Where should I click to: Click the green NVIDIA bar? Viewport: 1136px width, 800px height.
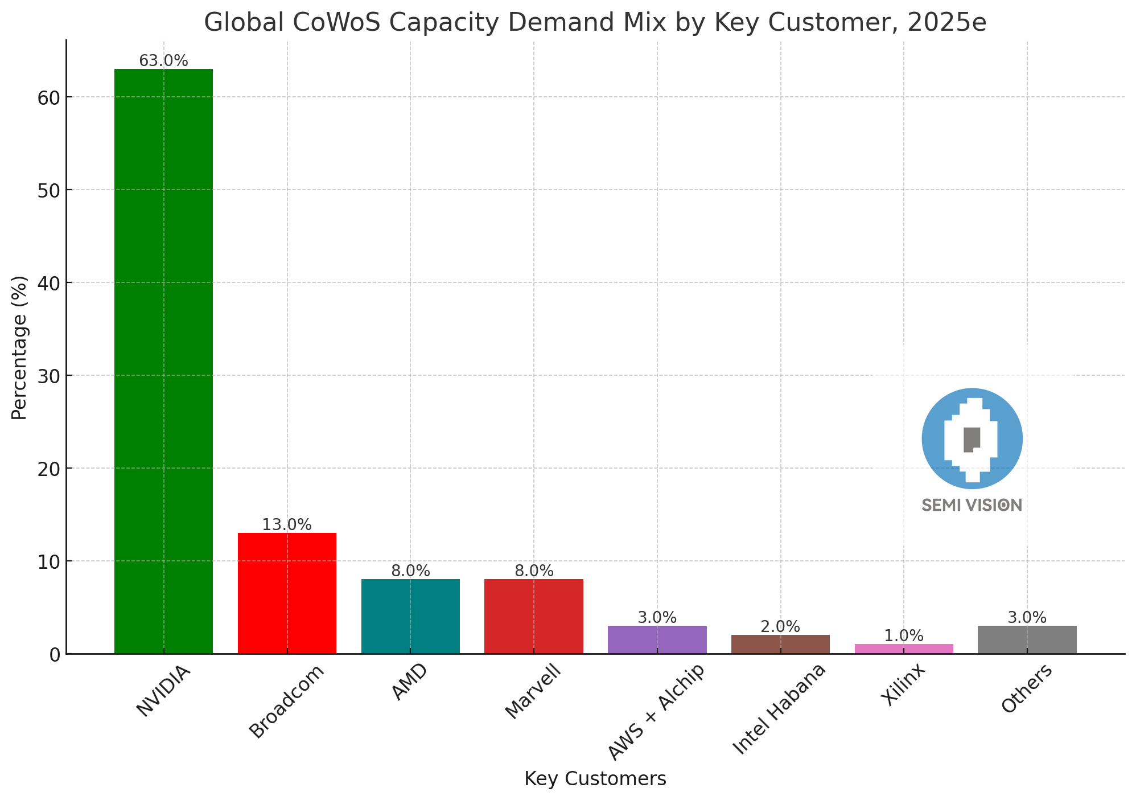coord(163,361)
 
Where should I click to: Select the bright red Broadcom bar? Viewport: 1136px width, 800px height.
coord(287,593)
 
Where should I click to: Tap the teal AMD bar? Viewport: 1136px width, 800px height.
coord(410,616)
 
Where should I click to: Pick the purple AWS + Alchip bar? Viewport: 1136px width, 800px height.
coord(657,639)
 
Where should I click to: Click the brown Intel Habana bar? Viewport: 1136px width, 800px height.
coord(780,644)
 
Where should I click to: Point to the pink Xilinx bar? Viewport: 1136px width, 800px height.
coord(904,649)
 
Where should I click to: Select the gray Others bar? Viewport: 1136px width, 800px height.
coord(1027,639)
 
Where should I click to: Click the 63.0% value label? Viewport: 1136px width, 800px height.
coord(163,61)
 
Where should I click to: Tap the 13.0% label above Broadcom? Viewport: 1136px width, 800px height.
coord(287,525)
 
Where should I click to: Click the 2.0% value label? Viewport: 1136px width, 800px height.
coord(780,627)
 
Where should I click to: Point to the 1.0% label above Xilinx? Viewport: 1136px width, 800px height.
coord(904,636)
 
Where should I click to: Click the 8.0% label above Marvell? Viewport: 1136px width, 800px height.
coord(534,571)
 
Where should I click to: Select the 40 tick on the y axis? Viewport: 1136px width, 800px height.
coord(48,283)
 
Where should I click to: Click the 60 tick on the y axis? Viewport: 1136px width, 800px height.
coord(48,97)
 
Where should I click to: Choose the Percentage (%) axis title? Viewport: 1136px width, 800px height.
coord(19,347)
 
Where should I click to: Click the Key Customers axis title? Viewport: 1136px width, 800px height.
coord(595,778)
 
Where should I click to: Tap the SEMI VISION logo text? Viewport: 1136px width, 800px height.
coord(972,505)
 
